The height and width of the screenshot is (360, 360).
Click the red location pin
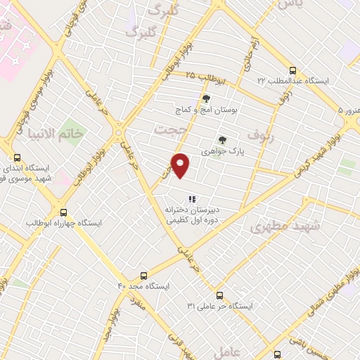[x=181, y=165]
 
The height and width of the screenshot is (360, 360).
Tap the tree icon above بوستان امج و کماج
[x=206, y=98]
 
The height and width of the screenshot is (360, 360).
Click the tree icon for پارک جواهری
[x=222, y=139]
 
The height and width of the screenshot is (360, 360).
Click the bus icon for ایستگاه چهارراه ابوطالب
[x=64, y=212]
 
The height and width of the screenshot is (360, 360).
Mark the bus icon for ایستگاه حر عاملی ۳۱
[x=220, y=295]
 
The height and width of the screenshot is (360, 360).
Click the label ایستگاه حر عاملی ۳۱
[x=220, y=307]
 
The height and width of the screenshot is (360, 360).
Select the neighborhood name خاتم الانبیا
[x=78, y=133]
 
